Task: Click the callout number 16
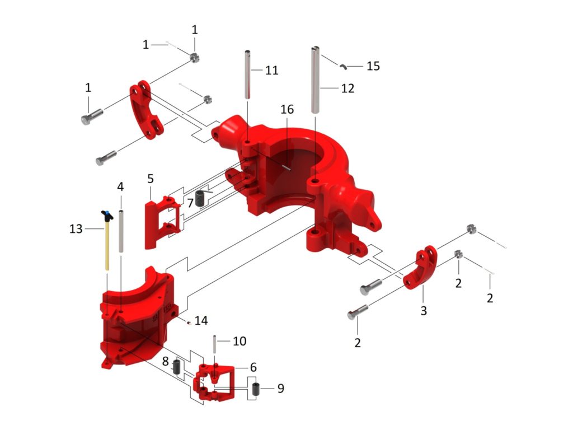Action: pos(286,110)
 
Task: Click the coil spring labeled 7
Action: pos(200,198)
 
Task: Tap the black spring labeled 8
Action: pos(176,367)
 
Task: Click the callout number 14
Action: pos(201,321)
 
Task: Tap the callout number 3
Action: pos(424,311)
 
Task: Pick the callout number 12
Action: pos(347,88)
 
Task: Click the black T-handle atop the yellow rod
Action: pos(106,214)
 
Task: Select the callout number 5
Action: pos(151,179)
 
